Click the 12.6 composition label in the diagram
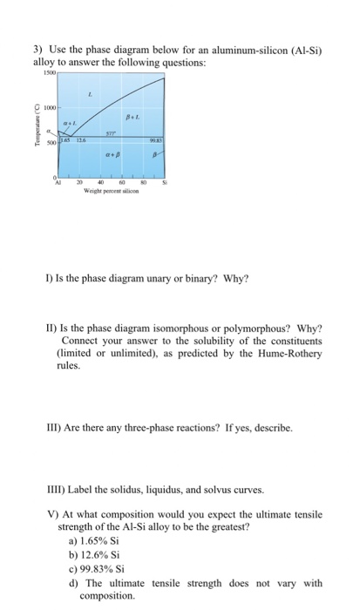(x=78, y=142)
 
